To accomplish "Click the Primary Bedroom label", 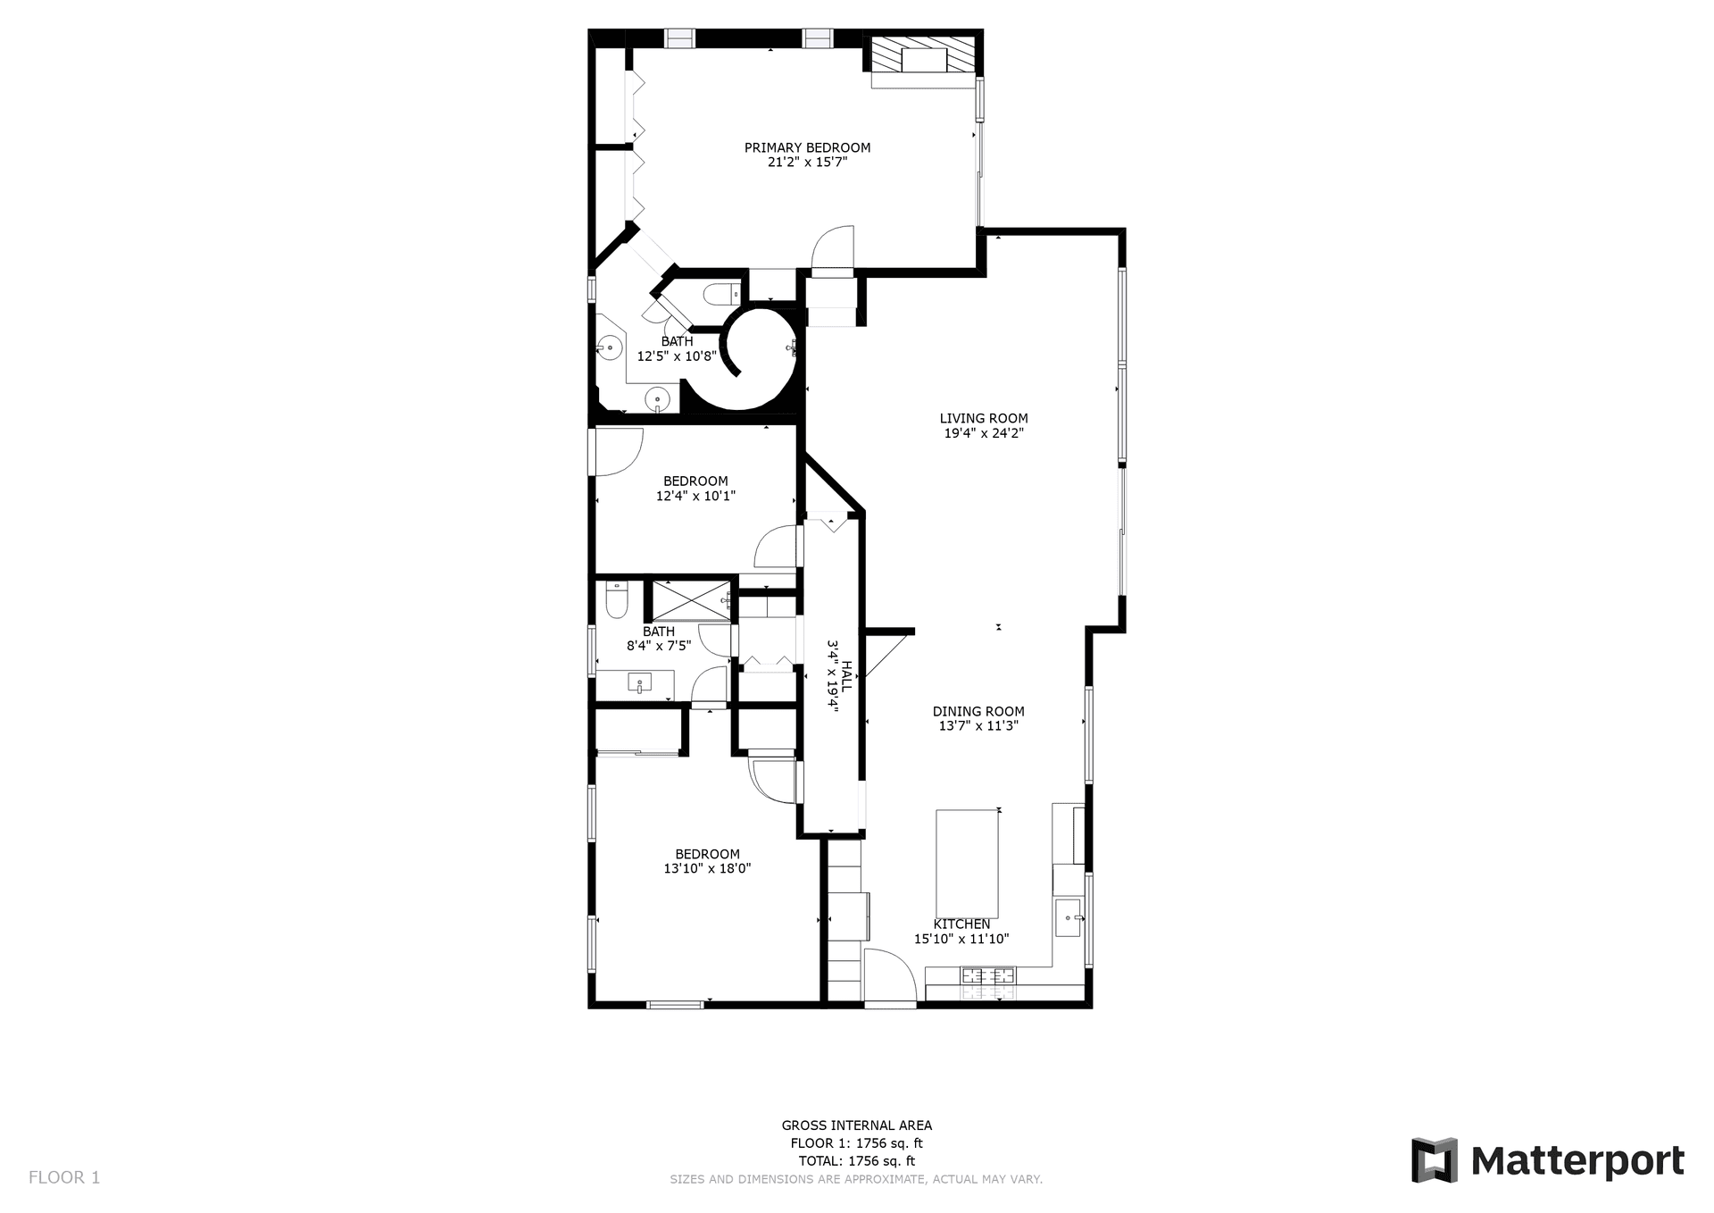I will [x=807, y=147].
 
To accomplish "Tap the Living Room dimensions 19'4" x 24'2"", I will [x=983, y=433].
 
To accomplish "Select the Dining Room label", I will [x=978, y=712].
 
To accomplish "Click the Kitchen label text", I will [x=961, y=924].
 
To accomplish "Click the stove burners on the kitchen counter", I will [x=987, y=982].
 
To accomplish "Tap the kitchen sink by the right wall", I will [x=1068, y=917].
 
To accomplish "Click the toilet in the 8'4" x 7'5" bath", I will [x=617, y=601].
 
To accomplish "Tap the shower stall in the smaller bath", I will [x=689, y=600].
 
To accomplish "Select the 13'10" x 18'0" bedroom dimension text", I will [x=707, y=868].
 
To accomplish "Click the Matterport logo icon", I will [x=1434, y=1161].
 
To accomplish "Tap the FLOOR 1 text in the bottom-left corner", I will [x=64, y=1177].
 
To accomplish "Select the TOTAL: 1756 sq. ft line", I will [x=856, y=1161].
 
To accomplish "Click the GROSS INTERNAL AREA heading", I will [x=856, y=1125].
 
